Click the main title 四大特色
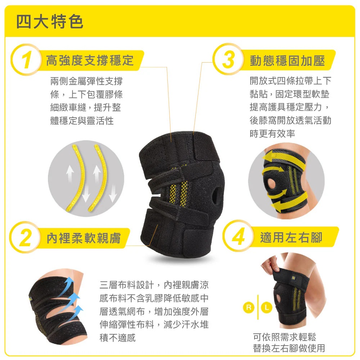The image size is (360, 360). [50, 22]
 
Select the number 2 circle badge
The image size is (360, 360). [25, 237]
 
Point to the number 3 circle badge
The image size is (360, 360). [228, 59]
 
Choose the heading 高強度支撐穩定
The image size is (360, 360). [90, 60]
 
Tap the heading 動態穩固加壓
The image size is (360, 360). [287, 60]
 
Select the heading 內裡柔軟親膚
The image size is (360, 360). [84, 238]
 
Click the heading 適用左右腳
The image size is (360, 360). [291, 237]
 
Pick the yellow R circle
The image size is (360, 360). [249, 307]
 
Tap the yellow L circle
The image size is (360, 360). [266, 307]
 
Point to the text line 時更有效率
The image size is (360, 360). [272, 134]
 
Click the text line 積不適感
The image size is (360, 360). [118, 338]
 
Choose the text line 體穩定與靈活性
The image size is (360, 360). [82, 121]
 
